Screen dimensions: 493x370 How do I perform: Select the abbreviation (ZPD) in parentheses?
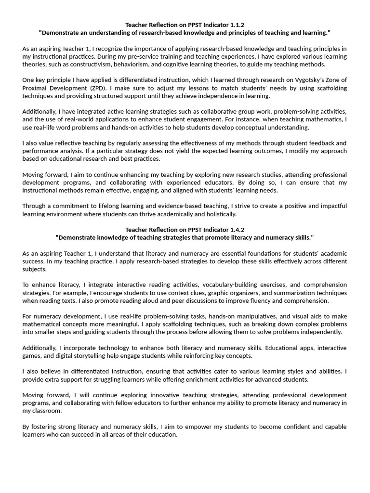[102, 88]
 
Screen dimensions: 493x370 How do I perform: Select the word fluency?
[258, 300]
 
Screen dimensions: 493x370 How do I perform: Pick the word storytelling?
[104, 355]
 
